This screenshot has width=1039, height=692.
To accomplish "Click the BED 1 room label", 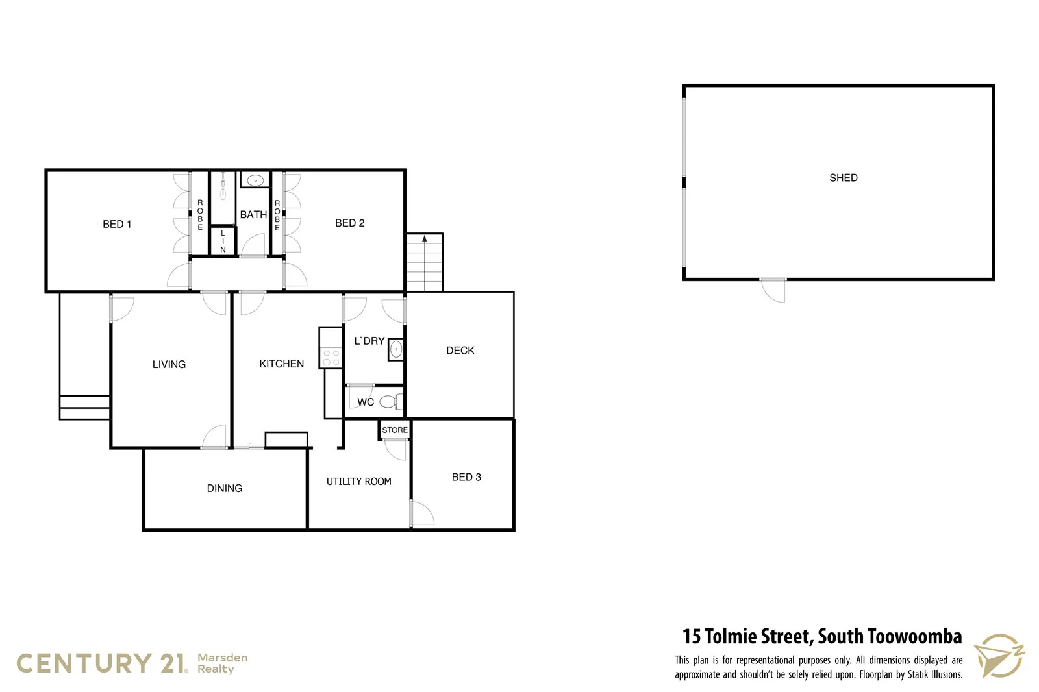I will tap(117, 224).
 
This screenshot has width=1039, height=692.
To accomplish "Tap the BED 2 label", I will tap(349, 223).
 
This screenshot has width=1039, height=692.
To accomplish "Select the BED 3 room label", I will tap(466, 477).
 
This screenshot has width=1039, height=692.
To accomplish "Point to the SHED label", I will tap(843, 177).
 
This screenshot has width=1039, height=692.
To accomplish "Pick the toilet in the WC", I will tap(390, 402).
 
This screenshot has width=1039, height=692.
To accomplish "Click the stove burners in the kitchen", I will tap(331, 358).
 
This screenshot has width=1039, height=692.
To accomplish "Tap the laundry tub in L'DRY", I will tap(395, 350).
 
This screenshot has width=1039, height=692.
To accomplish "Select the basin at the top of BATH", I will tap(255, 180).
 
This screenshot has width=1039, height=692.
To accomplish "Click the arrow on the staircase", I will tap(425, 240).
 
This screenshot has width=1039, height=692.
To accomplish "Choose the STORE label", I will tap(395, 430).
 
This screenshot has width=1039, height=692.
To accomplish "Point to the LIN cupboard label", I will tap(223, 241).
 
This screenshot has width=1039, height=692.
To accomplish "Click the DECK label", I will tap(460, 351).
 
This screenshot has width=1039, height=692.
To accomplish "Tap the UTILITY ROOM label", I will tap(358, 481).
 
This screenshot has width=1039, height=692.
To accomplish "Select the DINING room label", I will tap(224, 488).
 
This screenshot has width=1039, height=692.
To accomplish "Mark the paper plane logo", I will tap(998, 656).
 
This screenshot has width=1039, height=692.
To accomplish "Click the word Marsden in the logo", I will tap(222, 658).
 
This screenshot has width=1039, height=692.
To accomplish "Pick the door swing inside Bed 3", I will tap(422, 513).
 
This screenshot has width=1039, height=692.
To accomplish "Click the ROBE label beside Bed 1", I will tap(200, 214).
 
